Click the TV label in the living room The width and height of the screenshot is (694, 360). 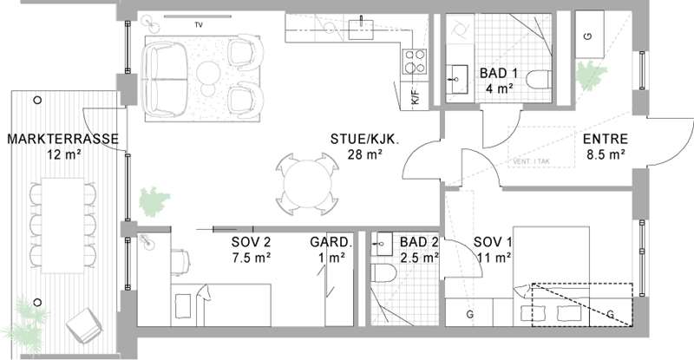[199, 25]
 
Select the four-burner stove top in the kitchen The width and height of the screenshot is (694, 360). [415, 62]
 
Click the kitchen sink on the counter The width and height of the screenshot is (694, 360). [361, 29]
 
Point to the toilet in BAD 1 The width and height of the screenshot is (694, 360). [538, 79]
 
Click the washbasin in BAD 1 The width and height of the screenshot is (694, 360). [457, 79]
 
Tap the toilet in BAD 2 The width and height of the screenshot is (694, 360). [383, 272]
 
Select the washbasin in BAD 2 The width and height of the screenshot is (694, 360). [382, 244]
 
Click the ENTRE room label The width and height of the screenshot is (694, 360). [605, 139]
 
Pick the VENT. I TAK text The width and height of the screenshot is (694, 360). [531, 161]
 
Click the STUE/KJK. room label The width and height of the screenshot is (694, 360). [364, 139]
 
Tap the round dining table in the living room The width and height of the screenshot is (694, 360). [308, 184]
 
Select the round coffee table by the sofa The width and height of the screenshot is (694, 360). [208, 72]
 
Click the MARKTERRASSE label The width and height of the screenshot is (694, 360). [62, 139]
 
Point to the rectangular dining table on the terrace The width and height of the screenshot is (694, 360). [62, 226]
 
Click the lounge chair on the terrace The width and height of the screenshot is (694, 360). [84, 325]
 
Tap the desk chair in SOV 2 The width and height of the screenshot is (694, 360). [181, 261]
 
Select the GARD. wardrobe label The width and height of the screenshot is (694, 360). [331, 242]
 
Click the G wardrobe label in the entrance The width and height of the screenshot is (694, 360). [588, 36]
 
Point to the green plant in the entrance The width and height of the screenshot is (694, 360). [591, 75]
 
